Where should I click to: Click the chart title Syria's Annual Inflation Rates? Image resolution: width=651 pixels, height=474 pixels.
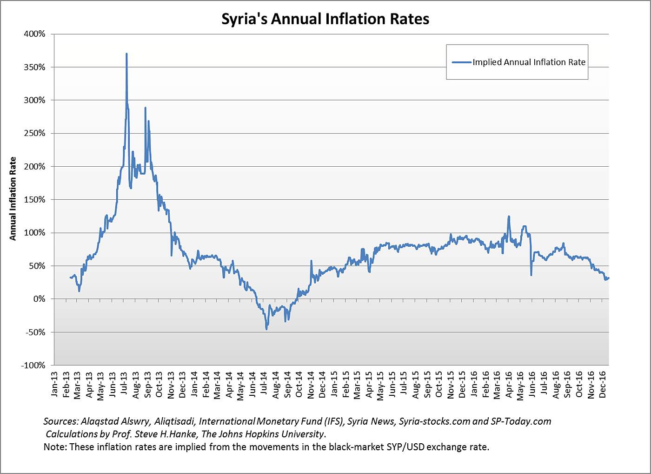coord(325,19)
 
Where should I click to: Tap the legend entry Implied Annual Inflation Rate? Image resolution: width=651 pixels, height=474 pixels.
coord(529,62)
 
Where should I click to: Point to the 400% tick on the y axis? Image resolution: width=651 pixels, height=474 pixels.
coord(35,34)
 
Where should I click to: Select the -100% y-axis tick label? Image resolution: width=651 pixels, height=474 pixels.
coord(33,366)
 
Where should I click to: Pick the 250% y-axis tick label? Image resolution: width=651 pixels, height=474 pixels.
coord(35,134)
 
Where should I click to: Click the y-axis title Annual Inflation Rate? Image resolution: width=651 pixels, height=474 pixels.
coord(13,199)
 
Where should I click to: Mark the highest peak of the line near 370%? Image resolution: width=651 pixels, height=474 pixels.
coord(126,54)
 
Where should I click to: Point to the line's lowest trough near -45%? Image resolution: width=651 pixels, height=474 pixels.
coord(266,329)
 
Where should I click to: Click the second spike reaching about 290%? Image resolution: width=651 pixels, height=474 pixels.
coord(146,108)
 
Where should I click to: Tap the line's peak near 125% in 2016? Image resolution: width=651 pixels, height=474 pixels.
coord(509,217)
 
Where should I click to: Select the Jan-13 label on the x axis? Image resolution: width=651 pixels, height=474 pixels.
coord(54,384)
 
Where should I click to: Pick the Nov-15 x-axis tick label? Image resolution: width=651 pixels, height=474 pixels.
coord(451,384)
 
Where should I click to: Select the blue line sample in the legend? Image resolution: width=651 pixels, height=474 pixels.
coord(461,62)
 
